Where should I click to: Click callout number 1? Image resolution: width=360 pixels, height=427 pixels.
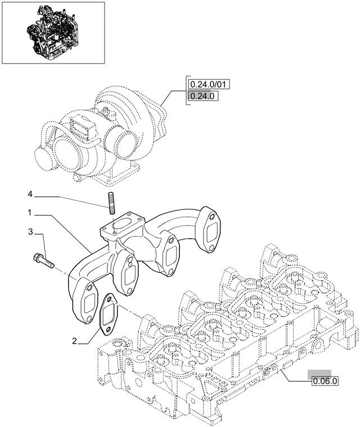[x=29, y=213]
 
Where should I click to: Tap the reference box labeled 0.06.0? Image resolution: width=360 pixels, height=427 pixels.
[x=324, y=381]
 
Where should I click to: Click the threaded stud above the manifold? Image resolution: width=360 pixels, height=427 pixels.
[x=111, y=202]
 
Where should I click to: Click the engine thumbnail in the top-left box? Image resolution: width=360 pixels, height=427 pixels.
[x=53, y=32]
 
